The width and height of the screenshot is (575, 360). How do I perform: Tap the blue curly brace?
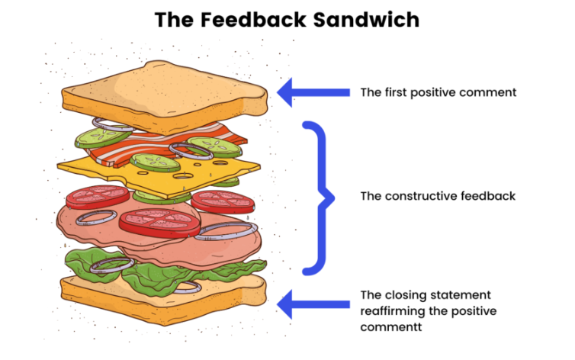tap(321, 196)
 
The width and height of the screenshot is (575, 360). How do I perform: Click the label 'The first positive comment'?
tap(438, 92)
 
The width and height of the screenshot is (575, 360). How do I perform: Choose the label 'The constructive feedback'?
tap(438, 196)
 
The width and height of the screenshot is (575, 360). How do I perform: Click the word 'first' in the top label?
tap(395, 92)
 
